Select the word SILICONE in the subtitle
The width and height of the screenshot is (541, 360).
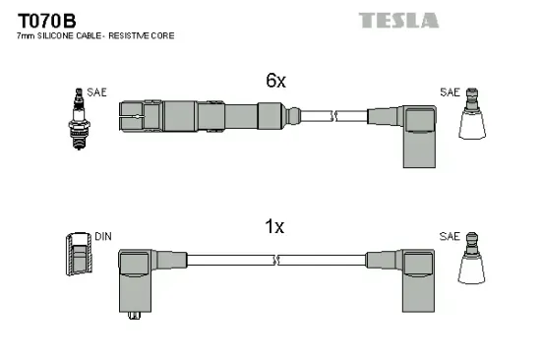pos(57,36)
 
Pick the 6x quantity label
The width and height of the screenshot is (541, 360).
pos(275,82)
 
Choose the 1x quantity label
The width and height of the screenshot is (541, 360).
pos(274,227)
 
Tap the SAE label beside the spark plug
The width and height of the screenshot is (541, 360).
pos(96,92)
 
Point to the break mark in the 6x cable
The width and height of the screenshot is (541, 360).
pos(335,115)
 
